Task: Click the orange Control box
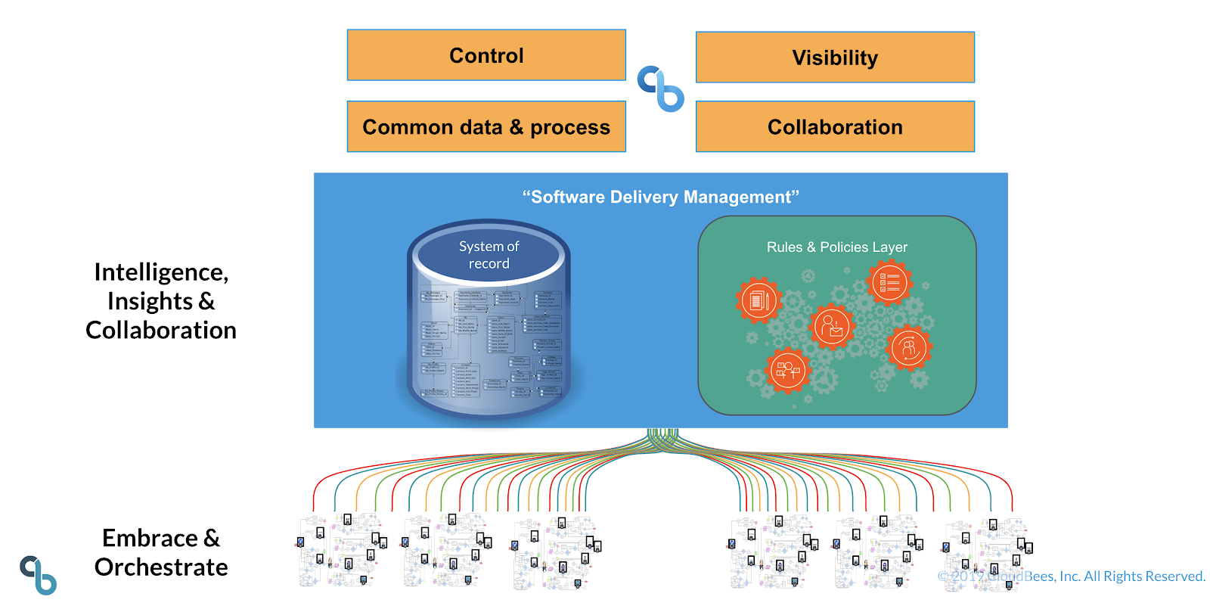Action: coord(486,55)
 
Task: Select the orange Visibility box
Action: coord(835,57)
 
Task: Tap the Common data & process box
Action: coord(486,127)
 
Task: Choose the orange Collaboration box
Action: coord(835,127)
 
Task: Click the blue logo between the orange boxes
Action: coord(660,89)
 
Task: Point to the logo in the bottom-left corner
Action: coord(39,575)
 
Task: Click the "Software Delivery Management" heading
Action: coord(660,197)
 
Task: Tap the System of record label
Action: coord(489,255)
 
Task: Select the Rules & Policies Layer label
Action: coord(836,247)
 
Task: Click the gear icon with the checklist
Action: coord(889,282)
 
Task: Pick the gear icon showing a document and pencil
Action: coord(759,300)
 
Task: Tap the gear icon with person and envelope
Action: coord(832,327)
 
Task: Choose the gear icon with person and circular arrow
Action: coord(909,348)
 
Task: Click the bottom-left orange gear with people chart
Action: coord(787,371)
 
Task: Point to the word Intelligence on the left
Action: coord(160,272)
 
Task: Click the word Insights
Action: coord(150,301)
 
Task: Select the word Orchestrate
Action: coord(161,567)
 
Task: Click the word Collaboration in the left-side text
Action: coord(161,331)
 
